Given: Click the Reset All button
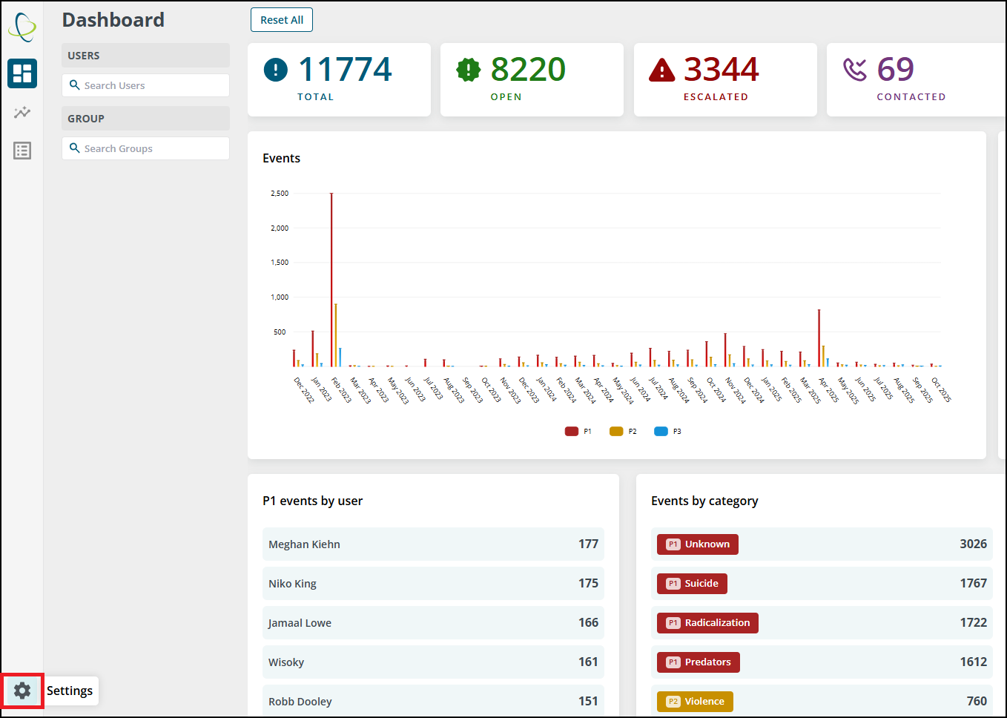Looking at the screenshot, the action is coord(282,20).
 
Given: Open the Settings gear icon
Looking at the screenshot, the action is coord(22,690).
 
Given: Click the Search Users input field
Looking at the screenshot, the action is coord(145,85).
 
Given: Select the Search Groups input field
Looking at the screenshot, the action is coord(145,148).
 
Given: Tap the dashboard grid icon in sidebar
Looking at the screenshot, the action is coord(22,73).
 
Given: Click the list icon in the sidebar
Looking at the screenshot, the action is coord(22,151).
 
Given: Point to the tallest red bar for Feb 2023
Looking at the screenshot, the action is coord(331,280).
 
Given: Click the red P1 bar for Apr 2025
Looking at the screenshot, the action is coord(819,338).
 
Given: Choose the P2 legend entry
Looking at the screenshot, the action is coord(623,431).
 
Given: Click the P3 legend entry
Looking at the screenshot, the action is coord(667,431).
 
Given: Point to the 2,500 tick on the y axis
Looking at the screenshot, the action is coord(280,194).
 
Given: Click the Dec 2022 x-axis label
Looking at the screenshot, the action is coord(304,390).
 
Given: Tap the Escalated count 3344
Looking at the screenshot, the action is coord(722,69).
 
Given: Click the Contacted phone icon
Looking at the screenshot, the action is coord(854,70).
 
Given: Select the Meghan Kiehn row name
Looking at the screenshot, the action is coord(304,544).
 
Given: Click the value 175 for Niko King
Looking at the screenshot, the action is coord(588,583).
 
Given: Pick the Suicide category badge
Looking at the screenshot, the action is coord(692,583).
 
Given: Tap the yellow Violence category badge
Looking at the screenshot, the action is coord(695,702).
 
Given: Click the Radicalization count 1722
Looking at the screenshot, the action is coord(974,622).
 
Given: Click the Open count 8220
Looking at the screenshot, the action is coord(528,69).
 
